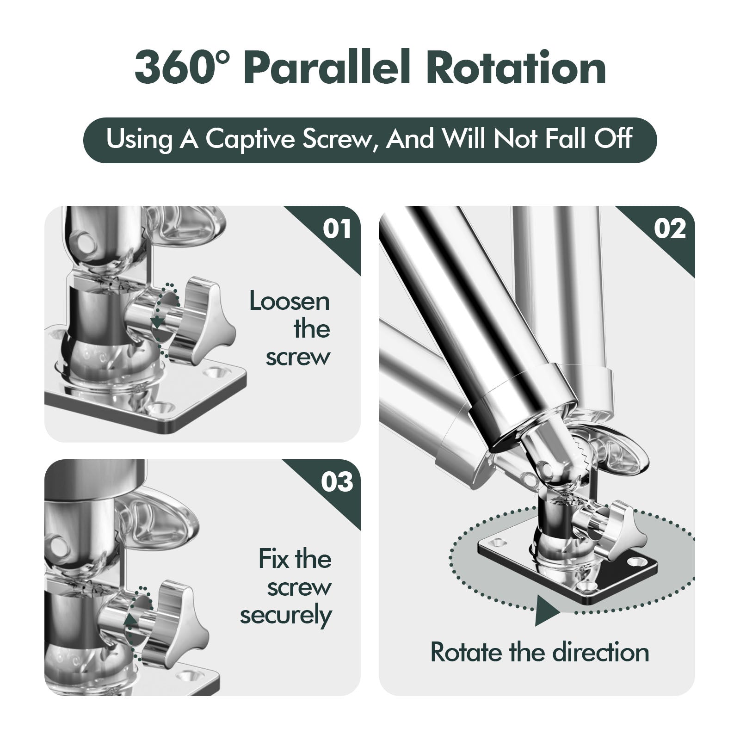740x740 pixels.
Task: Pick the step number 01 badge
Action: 337,228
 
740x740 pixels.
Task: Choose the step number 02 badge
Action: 670,228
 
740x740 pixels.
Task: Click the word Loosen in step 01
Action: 290,302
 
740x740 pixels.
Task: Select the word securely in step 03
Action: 286,616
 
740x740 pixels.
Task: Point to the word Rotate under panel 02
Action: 467,653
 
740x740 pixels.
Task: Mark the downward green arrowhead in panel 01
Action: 158,322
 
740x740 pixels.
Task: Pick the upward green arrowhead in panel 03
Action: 131,620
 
